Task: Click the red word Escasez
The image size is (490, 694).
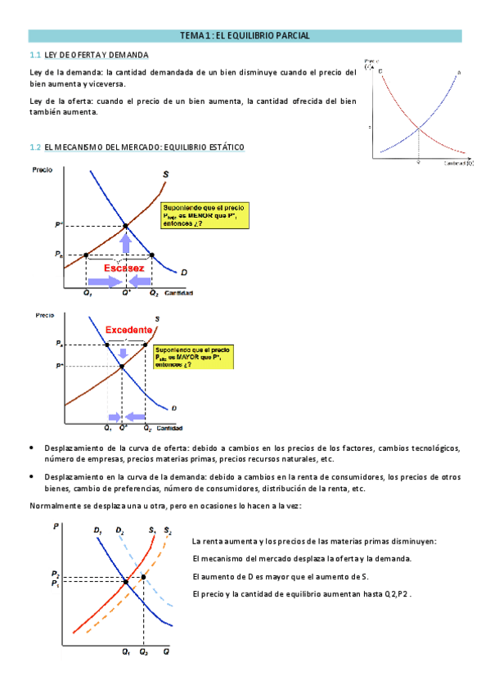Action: pyautogui.click(x=124, y=268)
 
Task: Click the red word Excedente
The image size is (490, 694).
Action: pyautogui.click(x=129, y=329)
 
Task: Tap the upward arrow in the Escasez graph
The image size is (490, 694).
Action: pyautogui.click(x=125, y=242)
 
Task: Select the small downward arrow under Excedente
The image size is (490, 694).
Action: pyautogui.click(x=123, y=354)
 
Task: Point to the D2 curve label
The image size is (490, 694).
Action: pyautogui.click(x=120, y=531)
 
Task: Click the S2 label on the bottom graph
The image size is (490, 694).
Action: pyautogui.click(x=168, y=531)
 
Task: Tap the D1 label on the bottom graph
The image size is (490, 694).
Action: pyautogui.click(x=98, y=531)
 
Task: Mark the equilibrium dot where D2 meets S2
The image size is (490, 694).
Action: pyautogui.click(x=144, y=577)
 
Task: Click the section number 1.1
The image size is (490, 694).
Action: pyautogui.click(x=34, y=55)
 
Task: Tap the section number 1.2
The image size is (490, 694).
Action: pyautogui.click(x=34, y=147)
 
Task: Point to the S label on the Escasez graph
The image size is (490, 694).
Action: pyautogui.click(x=167, y=173)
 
